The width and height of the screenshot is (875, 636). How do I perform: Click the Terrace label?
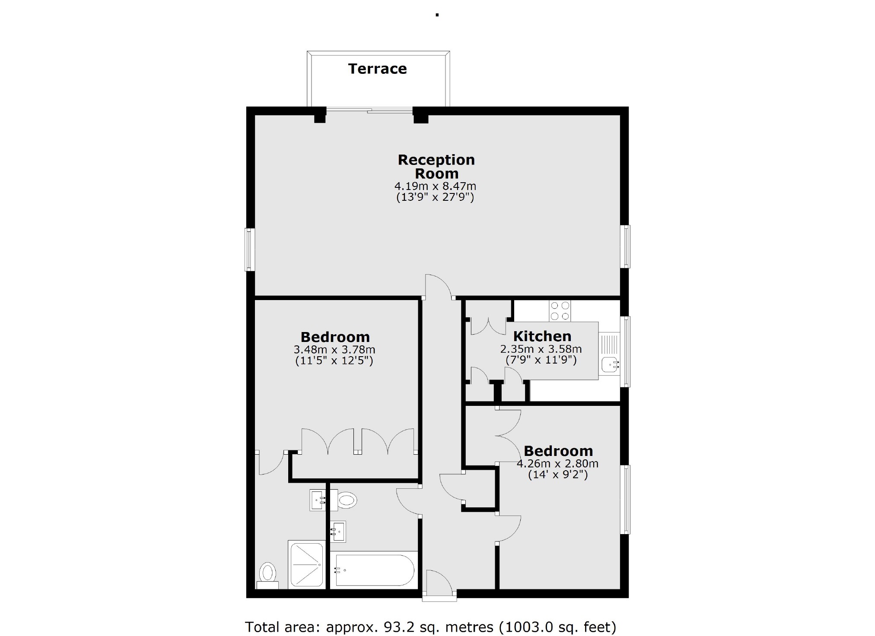tap(377, 69)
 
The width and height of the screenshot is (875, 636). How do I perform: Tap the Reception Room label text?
tap(436, 167)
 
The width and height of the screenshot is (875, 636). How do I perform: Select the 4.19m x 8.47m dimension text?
tap(435, 187)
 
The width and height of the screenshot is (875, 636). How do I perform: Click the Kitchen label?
tap(542, 336)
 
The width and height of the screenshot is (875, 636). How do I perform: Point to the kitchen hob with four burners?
tap(560, 311)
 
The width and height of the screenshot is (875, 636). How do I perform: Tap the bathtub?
tap(374, 570)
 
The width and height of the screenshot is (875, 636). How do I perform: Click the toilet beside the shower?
tap(268, 573)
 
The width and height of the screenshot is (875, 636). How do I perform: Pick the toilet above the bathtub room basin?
tap(347, 500)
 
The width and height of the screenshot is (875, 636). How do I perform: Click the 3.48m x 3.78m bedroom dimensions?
tap(334, 349)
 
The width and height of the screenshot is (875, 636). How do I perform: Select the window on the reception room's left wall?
tap(250, 250)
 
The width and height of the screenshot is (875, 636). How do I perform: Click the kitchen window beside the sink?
tap(625, 351)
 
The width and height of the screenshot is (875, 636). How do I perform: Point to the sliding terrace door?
tap(369, 111)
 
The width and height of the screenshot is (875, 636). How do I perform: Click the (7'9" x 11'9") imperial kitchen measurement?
tap(541, 360)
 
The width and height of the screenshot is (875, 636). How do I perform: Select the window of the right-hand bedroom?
tap(625, 500)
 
